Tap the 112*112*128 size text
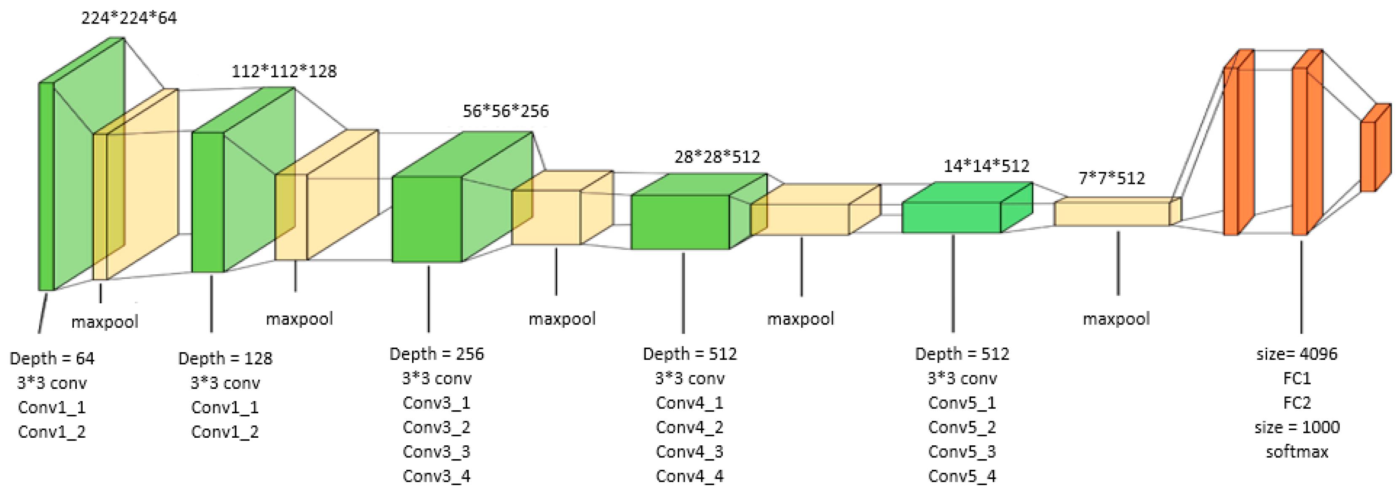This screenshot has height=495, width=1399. point(284,71)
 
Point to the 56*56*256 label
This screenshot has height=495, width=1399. point(506,111)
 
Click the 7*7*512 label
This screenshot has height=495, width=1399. point(1112,178)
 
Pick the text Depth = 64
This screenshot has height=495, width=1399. point(52,358)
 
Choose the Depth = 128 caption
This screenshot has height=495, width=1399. point(225,358)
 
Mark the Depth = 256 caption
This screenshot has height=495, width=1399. point(437,354)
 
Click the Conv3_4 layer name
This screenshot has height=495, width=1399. point(437,476)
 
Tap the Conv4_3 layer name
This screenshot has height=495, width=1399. point(690,452)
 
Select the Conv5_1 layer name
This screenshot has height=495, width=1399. point(962,403)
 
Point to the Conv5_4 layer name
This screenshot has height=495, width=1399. point(962,476)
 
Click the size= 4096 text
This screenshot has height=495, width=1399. point(1297,354)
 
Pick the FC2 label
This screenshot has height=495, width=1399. point(1297,403)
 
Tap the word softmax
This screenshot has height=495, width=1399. point(1297,452)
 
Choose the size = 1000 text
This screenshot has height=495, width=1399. point(1297,427)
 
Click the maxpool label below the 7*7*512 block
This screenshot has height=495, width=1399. point(1116,318)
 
